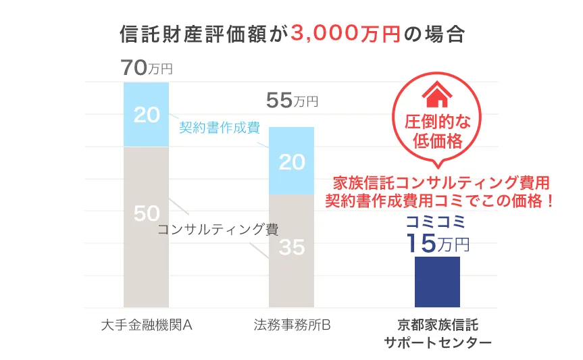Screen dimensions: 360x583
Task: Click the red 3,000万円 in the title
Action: tap(345, 34)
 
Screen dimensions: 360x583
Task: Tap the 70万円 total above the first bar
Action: tap(147, 68)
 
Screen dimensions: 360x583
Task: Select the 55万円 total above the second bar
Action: tap(292, 101)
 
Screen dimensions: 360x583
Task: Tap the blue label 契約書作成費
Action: tap(220, 128)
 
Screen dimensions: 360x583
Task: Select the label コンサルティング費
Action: tap(218, 230)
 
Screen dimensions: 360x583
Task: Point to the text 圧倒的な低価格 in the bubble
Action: tap(437, 132)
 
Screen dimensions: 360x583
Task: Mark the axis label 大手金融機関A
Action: tap(147, 325)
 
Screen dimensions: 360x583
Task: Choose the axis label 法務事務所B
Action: tap(292, 325)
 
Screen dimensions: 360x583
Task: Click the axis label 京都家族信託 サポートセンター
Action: tap(437, 334)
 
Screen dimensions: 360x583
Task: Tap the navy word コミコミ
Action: tap(437, 222)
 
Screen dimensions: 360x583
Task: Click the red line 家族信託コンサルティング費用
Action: tap(441, 182)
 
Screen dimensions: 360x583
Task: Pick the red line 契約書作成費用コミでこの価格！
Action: tap(440, 201)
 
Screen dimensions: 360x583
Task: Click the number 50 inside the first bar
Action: tap(147, 213)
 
